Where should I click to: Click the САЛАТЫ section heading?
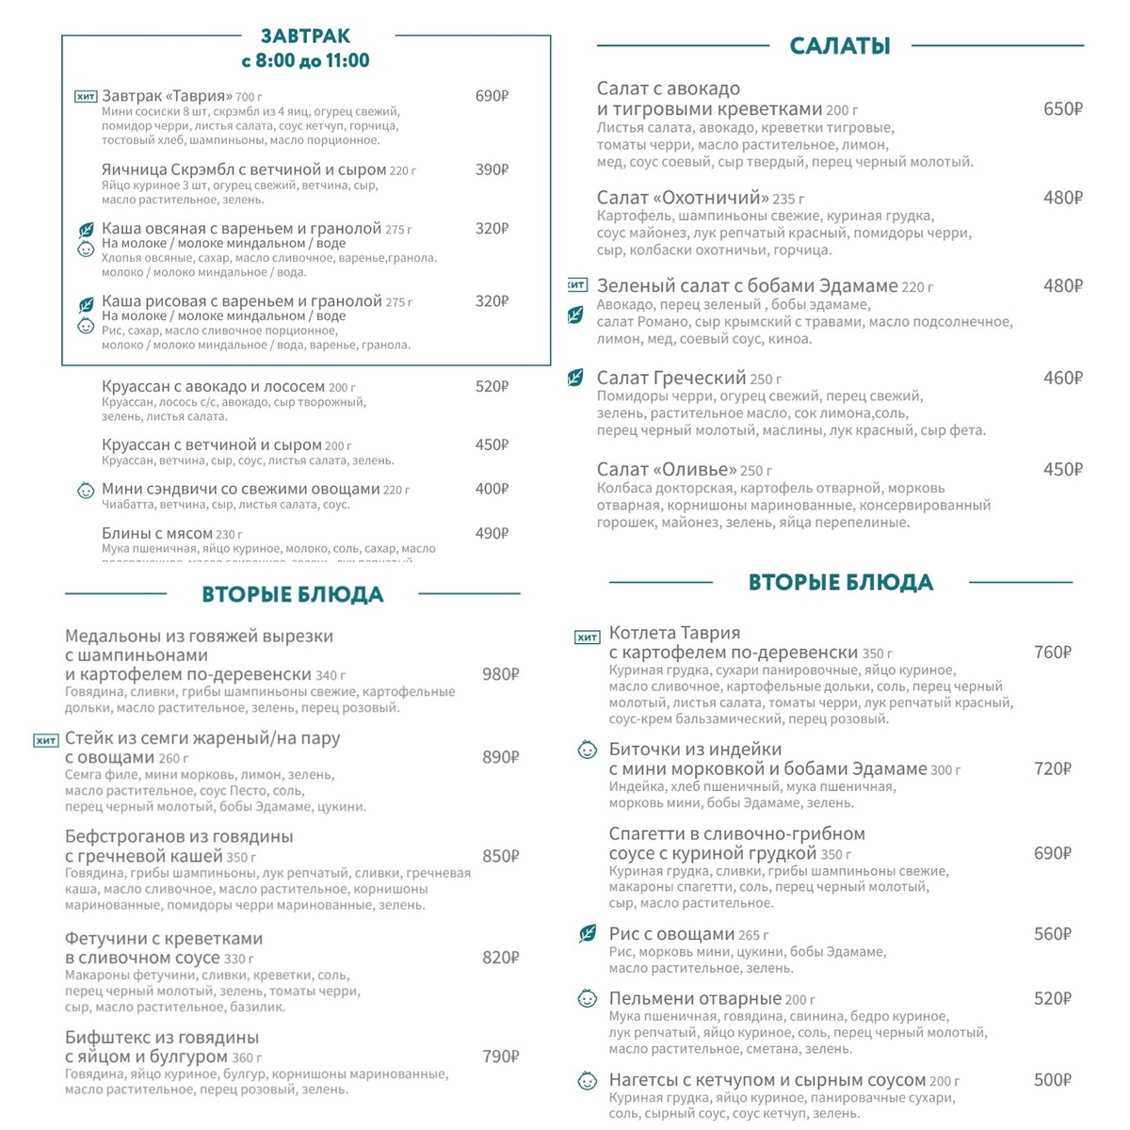[x=840, y=45]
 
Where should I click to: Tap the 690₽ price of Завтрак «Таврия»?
[x=492, y=96]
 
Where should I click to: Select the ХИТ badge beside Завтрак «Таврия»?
[x=86, y=96]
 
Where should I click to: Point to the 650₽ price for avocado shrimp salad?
[x=1062, y=109]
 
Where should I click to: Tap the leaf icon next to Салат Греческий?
[x=574, y=379]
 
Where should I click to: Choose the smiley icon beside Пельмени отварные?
[x=587, y=998]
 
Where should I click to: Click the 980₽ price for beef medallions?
[x=500, y=674]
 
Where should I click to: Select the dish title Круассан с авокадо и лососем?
[x=213, y=386]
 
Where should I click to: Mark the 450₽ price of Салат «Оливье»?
[x=1062, y=470]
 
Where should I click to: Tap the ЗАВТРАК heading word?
[x=305, y=36]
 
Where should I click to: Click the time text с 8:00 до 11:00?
[x=305, y=61]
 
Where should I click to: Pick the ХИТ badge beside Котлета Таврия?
[x=587, y=638]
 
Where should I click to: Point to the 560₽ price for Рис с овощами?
[x=1052, y=934]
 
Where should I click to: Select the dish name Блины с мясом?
[x=157, y=533]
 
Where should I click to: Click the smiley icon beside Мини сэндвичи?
[x=86, y=490]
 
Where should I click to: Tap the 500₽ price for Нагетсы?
[x=1052, y=1080]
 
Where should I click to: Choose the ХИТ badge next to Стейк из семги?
[x=46, y=740]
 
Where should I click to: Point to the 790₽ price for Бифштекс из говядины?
[x=500, y=1057]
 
